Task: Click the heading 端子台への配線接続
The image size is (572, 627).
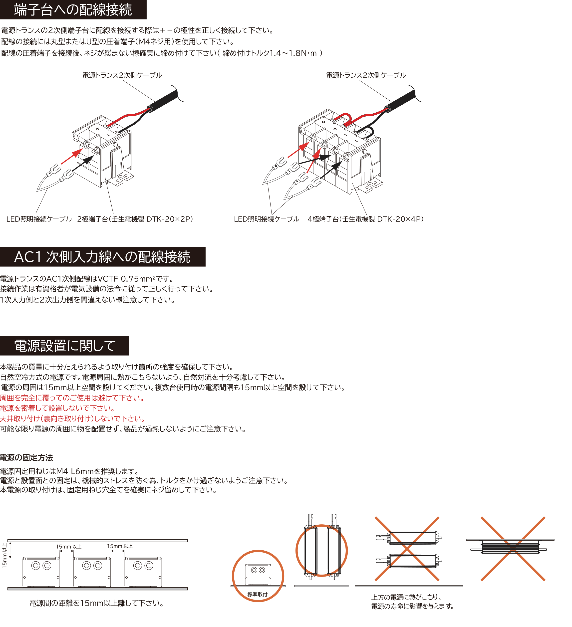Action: pyautogui.click(x=73, y=10)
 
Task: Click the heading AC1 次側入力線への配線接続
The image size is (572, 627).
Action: pyautogui.click(x=102, y=257)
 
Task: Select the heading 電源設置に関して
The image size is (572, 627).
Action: pyautogui.click(x=65, y=346)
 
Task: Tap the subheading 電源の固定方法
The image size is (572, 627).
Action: pyautogui.click(x=26, y=457)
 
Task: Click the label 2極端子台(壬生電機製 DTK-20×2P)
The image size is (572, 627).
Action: pyautogui.click(x=135, y=219)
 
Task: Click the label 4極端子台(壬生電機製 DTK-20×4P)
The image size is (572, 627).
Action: pyautogui.click(x=365, y=219)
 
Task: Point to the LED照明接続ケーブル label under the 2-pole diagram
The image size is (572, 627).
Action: pyautogui.click(x=39, y=219)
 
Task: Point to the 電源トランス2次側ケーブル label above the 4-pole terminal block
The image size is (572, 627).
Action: pyautogui.click(x=366, y=75)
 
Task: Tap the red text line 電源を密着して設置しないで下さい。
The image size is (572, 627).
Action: pyautogui.click(x=57, y=408)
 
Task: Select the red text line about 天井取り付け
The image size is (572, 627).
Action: pyautogui.click(x=72, y=418)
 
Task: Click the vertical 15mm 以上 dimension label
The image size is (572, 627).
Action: pyautogui.click(x=4, y=556)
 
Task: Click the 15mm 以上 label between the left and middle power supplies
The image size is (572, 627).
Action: pyautogui.click(x=68, y=546)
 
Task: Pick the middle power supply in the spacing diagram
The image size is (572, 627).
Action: pyautogui.click(x=92, y=572)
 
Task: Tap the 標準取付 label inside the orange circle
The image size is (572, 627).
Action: pyautogui.click(x=257, y=594)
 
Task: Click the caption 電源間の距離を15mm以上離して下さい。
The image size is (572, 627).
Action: pyautogui.click(x=96, y=603)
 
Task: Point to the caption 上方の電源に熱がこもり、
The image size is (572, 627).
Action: pyautogui.click(x=407, y=597)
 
